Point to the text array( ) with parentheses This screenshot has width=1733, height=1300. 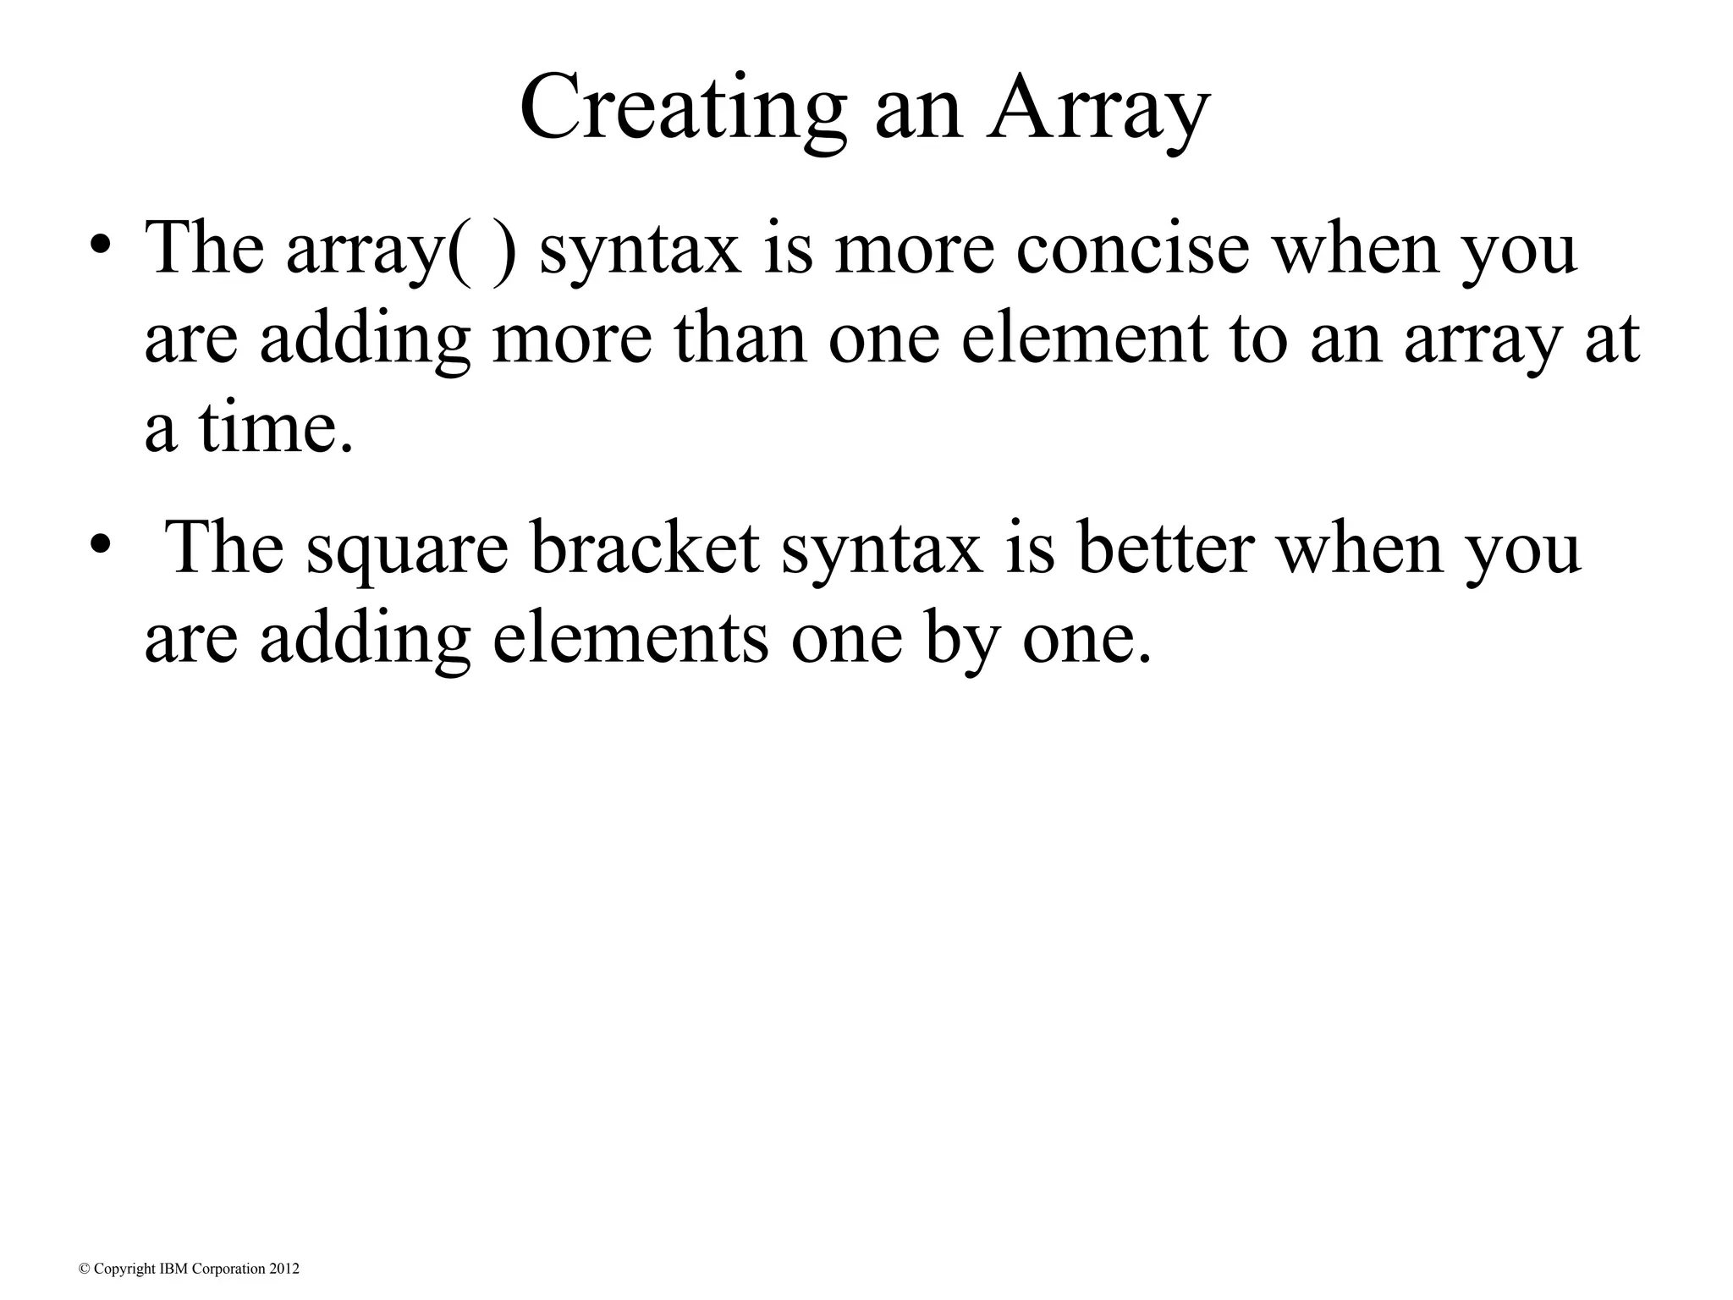[401, 249]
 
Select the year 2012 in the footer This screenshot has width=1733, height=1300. [283, 1270]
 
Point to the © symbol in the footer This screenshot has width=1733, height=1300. [83, 1270]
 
